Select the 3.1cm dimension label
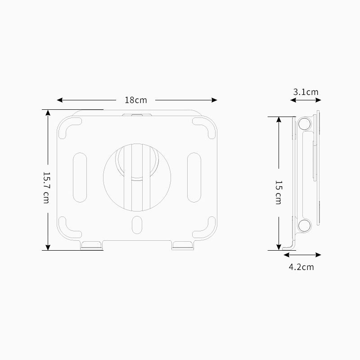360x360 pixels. (x=306, y=92)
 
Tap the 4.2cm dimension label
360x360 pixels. (x=301, y=267)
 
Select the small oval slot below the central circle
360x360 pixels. (x=137, y=224)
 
